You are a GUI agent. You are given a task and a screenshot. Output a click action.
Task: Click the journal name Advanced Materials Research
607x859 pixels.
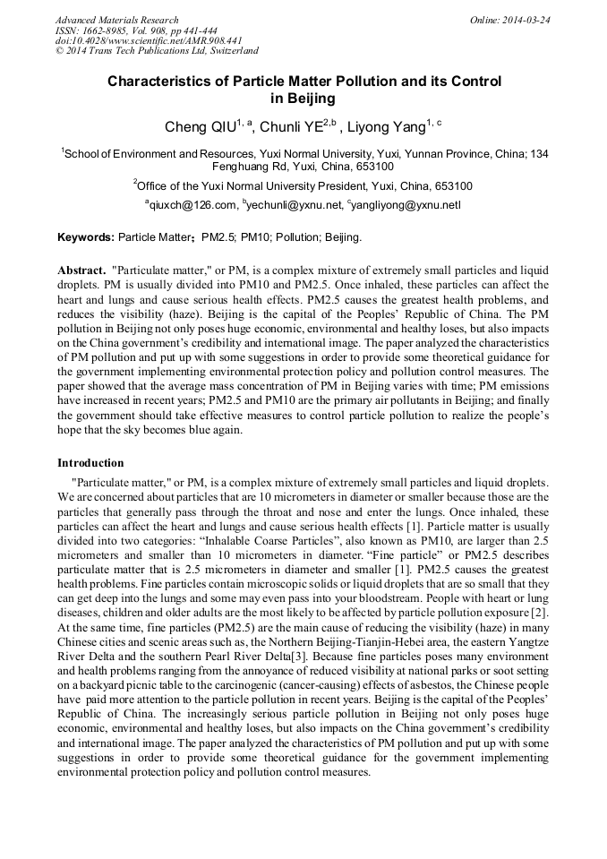pyautogui.click(x=116, y=20)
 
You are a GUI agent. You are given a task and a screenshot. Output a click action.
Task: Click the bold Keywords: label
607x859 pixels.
pyautogui.click(x=86, y=238)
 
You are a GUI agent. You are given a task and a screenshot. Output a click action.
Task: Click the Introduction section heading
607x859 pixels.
pyautogui.click(x=90, y=463)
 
